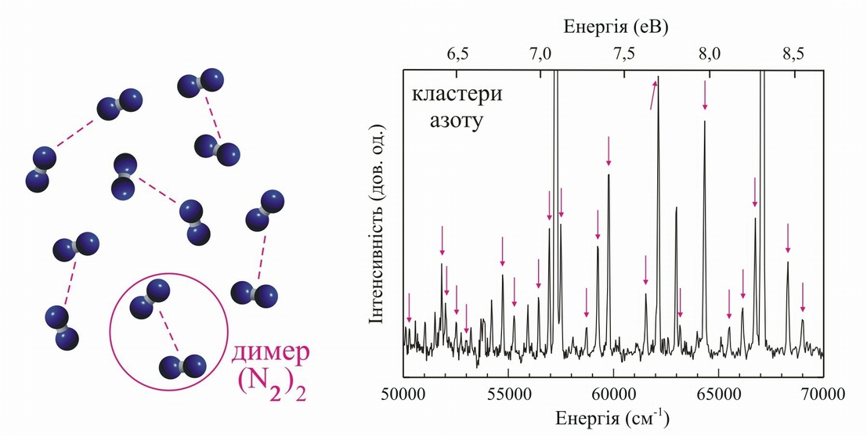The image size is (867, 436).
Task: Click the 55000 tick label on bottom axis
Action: pyautogui.click(x=508, y=393)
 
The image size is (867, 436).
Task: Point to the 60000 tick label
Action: pyautogui.click(x=612, y=393)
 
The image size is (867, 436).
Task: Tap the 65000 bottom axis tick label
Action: pyautogui.click(x=717, y=393)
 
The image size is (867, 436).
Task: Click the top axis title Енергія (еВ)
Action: pyautogui.click(x=615, y=27)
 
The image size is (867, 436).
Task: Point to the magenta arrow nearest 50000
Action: pyautogui.click(x=408, y=308)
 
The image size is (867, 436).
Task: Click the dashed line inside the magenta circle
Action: pyautogui.click(x=169, y=331)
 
